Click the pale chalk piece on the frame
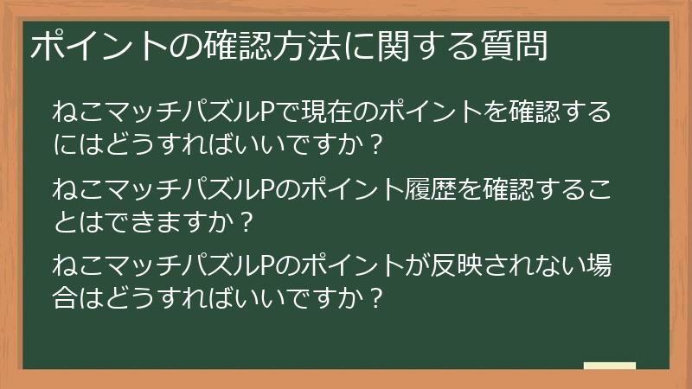[x=610, y=367]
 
